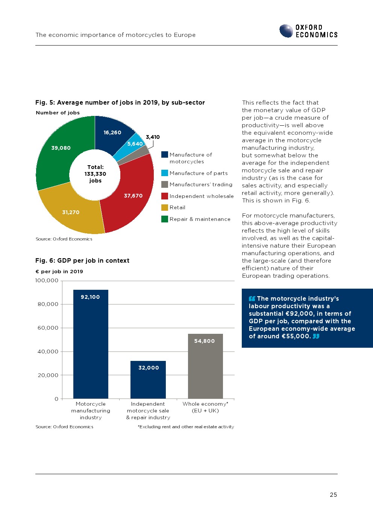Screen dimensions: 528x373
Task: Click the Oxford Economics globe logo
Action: (x=286, y=31)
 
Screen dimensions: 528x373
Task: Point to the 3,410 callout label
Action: (x=153, y=137)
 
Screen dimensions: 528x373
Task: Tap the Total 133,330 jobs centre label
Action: (x=96, y=174)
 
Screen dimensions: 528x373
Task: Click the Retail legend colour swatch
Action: (x=164, y=207)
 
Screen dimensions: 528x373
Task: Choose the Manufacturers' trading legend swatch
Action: (x=164, y=184)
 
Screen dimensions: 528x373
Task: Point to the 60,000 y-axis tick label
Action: (x=48, y=328)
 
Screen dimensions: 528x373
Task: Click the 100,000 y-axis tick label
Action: (x=47, y=280)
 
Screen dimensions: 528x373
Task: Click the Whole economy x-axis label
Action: (x=205, y=407)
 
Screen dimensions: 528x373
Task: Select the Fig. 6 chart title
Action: (x=82, y=260)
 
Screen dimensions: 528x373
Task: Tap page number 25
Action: (x=333, y=495)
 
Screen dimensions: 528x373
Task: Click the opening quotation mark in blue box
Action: (x=252, y=298)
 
